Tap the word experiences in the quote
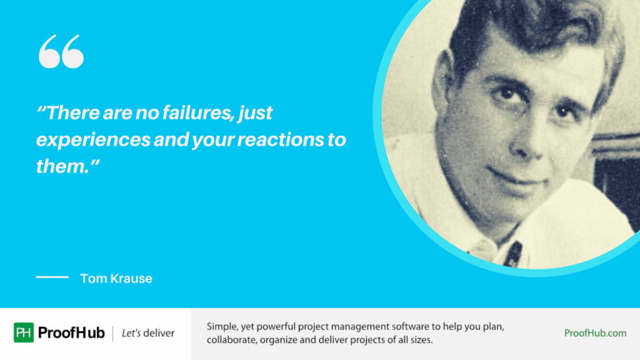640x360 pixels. [x=93, y=140]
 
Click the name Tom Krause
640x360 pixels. [x=116, y=279]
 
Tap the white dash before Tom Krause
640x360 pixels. [x=52, y=277]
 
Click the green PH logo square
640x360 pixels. [x=24, y=333]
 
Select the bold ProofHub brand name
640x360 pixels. [x=71, y=333]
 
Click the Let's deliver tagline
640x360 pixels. [x=148, y=333]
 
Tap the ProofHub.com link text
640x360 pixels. [x=595, y=333]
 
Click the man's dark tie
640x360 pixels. [x=514, y=254]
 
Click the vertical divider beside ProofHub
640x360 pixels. [x=113, y=333]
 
